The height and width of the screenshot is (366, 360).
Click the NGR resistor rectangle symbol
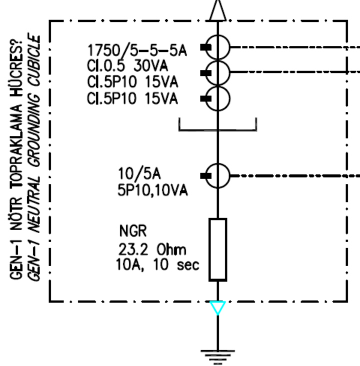[218, 249]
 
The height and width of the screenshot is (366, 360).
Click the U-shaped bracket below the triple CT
[217, 130]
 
